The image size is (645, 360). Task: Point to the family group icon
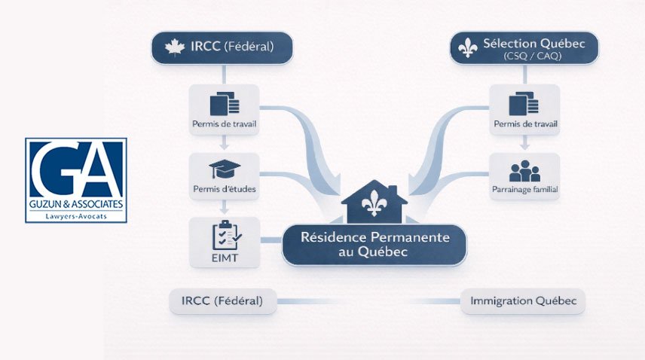click(x=524, y=170)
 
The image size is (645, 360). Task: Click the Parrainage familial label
click(x=524, y=191)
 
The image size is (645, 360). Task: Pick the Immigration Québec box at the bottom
click(x=523, y=301)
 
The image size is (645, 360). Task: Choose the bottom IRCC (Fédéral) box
click(x=222, y=301)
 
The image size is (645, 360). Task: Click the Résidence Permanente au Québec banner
click(x=374, y=244)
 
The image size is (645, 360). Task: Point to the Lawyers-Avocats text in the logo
click(x=75, y=216)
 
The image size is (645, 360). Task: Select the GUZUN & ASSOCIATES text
click(x=75, y=204)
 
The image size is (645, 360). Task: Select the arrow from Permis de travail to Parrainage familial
click(x=524, y=143)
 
